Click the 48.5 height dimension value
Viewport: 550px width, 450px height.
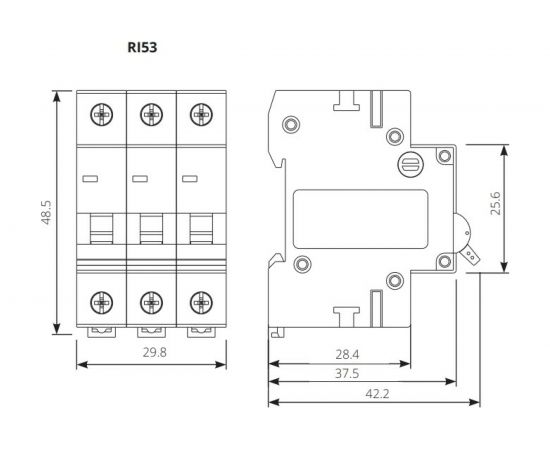click(x=45, y=213)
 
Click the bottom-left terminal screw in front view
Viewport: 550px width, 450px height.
click(x=101, y=300)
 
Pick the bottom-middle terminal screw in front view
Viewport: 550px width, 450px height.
click(x=150, y=300)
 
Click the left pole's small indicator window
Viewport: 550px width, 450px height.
click(x=89, y=179)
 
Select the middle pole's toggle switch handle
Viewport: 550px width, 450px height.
click(x=150, y=230)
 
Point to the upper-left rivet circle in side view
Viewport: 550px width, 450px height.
click(x=292, y=125)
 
